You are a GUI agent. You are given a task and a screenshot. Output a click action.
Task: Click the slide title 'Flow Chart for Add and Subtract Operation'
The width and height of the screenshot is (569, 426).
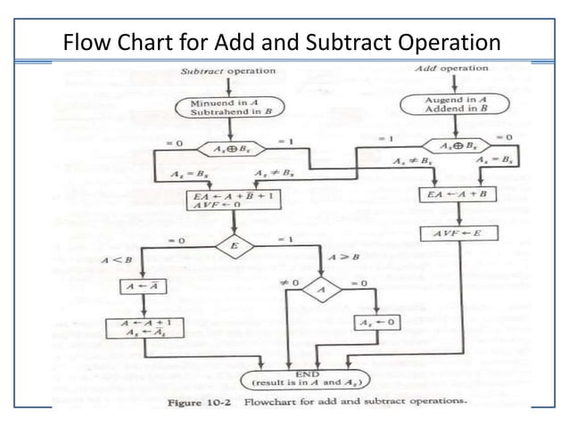click(283, 42)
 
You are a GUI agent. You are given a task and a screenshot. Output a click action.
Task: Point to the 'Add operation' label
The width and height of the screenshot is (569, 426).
click(452, 69)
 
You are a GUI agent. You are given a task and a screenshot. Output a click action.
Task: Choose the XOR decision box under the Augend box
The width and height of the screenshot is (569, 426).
click(458, 146)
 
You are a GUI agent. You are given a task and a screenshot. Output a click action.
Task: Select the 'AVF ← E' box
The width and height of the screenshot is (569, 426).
click(458, 235)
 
